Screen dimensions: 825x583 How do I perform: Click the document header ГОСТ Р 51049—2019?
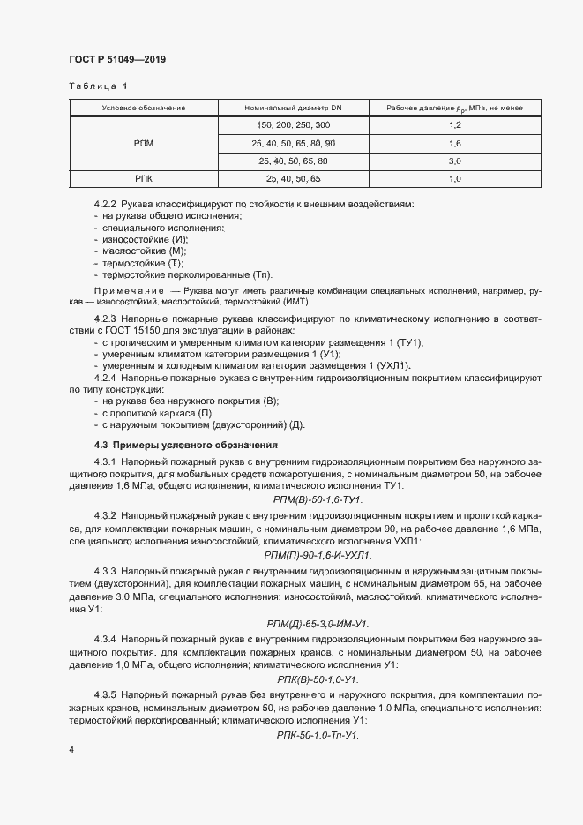click(x=117, y=60)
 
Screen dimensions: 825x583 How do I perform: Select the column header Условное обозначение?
click(x=144, y=108)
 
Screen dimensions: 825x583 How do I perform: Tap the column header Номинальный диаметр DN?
click(x=293, y=108)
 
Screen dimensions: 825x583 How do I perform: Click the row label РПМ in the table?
click(x=144, y=143)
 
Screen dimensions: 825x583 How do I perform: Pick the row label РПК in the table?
click(x=144, y=179)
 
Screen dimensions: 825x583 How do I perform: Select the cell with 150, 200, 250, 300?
click(x=293, y=125)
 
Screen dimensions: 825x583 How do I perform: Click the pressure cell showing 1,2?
click(x=455, y=125)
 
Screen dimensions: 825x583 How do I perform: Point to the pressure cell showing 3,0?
click(x=455, y=161)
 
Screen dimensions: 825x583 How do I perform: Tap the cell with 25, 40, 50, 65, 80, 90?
click(x=293, y=143)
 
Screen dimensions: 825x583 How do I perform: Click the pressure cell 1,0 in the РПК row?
click(x=455, y=179)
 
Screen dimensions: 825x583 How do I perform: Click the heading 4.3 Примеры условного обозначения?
click(x=185, y=445)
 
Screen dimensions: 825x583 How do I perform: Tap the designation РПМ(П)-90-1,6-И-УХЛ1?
click(x=318, y=555)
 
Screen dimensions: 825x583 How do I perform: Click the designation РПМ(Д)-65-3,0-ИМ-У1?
click(x=318, y=624)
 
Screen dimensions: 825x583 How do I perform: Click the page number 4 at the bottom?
click(x=71, y=749)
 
